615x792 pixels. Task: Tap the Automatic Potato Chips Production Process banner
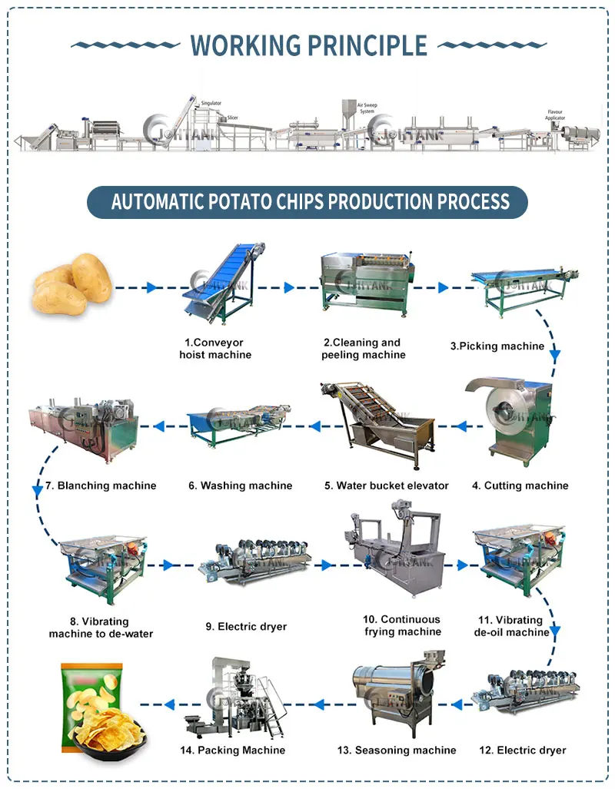[307, 202]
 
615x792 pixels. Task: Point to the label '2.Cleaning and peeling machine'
[361, 349]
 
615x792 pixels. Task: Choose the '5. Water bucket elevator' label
[386, 485]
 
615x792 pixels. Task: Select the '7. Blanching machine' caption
[101, 485]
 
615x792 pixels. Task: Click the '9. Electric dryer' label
[246, 626]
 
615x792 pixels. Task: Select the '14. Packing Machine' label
[241, 750]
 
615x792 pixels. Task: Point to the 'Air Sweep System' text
[367, 108]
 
